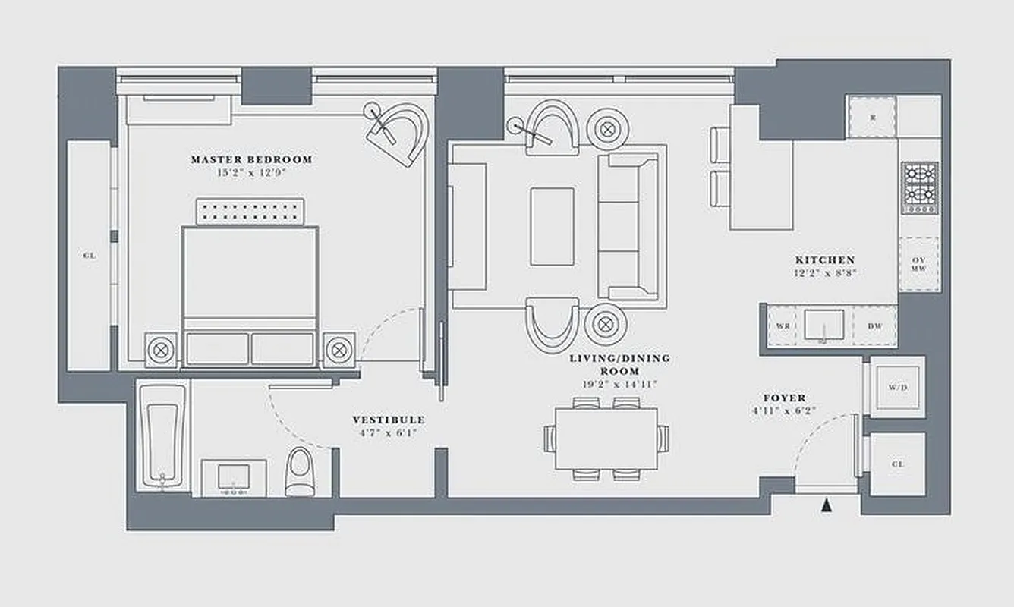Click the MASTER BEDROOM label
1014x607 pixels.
point(251,160)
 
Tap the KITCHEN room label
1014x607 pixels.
point(825,260)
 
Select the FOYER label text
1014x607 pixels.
point(785,398)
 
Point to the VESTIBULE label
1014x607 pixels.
point(388,420)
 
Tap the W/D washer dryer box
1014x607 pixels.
point(897,387)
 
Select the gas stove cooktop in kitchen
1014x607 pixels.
point(919,188)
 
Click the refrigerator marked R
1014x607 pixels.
point(872,117)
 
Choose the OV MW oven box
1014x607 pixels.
point(918,263)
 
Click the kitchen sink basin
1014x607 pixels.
point(823,324)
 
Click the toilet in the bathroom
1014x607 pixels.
point(300,470)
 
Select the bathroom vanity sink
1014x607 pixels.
point(233,477)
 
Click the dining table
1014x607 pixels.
point(606,439)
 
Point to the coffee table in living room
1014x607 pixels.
point(552,226)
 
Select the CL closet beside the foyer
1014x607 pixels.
point(897,464)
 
